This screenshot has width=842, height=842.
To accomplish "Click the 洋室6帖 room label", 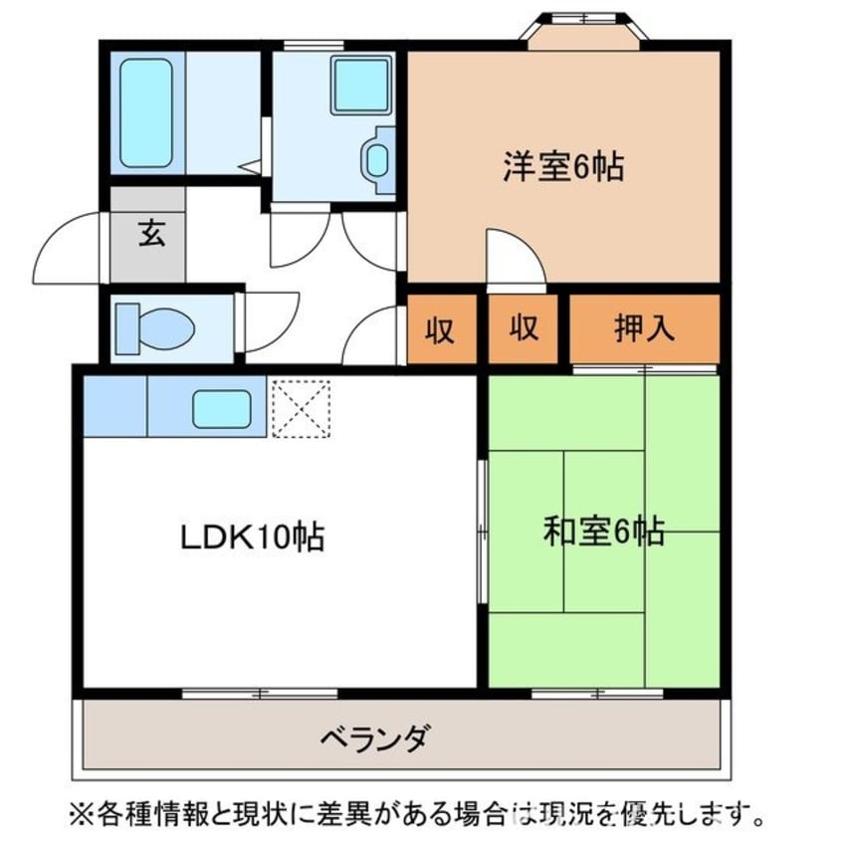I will point(562,167).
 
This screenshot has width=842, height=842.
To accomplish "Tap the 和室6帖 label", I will point(603,532).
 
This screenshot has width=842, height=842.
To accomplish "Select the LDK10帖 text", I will point(251,537).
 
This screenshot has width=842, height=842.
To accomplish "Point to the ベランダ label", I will point(375,738).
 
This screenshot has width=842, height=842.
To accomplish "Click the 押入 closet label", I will point(643,328).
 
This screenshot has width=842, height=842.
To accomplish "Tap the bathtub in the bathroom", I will point(147,111).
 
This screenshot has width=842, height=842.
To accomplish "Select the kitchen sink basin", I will point(221,408).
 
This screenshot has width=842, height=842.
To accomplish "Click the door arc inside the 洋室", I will point(513,257).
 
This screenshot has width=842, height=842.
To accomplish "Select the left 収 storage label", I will point(441,328).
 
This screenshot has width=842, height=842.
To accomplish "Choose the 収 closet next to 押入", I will point(524,328).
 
